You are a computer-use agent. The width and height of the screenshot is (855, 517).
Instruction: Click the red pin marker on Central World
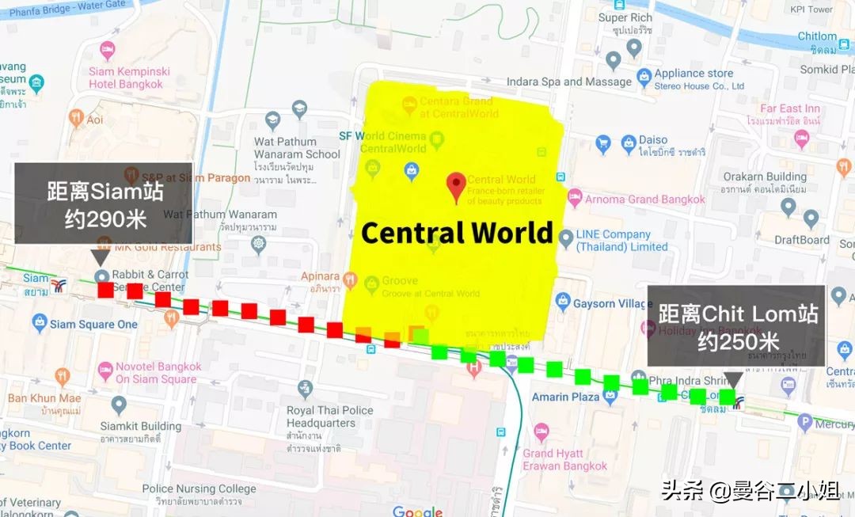(x=456, y=186)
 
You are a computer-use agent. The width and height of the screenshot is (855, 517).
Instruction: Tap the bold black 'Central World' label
(x=457, y=233)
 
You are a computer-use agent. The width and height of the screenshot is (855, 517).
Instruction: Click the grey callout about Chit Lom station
(x=735, y=325)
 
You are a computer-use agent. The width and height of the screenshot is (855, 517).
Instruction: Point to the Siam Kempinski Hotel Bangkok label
(x=126, y=78)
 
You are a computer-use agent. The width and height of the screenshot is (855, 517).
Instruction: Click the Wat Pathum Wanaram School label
(x=297, y=148)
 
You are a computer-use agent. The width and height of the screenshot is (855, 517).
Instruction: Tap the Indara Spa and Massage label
(x=568, y=82)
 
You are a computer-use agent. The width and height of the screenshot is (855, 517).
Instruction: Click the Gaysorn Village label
(x=613, y=303)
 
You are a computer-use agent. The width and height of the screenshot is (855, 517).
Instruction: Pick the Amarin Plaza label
(x=565, y=397)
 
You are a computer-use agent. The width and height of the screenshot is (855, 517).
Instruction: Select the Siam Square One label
(x=93, y=324)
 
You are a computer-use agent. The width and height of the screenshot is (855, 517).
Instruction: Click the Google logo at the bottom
(x=417, y=511)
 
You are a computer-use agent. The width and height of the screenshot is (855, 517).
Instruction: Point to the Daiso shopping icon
(x=629, y=142)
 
